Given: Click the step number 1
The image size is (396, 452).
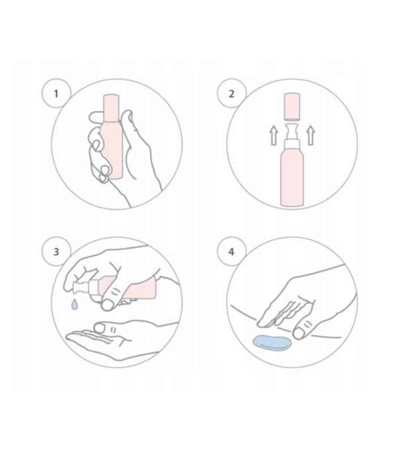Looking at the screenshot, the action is pyautogui.click(x=56, y=94).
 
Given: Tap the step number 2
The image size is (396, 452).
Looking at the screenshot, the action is pyautogui.click(x=231, y=94).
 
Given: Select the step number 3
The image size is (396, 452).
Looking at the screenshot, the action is pyautogui.click(x=56, y=252).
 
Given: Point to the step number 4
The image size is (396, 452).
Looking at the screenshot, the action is pyautogui.click(x=231, y=252).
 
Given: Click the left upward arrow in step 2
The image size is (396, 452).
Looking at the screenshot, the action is pyautogui.click(x=274, y=136).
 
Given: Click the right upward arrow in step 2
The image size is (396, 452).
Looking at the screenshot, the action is pyautogui.click(x=310, y=136).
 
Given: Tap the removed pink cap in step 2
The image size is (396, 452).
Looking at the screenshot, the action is pyautogui.click(x=292, y=106).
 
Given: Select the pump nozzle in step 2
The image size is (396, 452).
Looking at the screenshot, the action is pyautogui.click(x=292, y=131).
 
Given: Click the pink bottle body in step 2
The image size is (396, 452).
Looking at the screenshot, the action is pyautogui.click(x=292, y=179).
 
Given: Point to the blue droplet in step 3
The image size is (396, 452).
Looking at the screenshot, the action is pyautogui.click(x=75, y=304).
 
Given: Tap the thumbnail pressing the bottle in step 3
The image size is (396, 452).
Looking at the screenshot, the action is pyautogui.click(x=107, y=305).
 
